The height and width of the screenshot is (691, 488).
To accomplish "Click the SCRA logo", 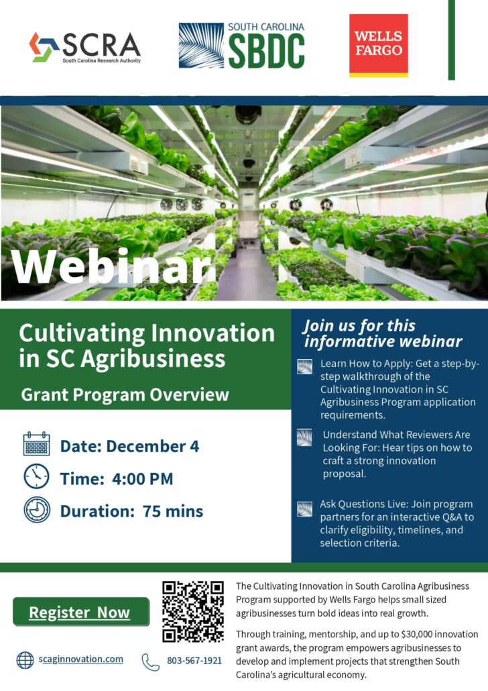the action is (85, 47).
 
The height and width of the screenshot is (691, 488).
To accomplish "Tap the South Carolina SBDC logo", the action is (242, 46).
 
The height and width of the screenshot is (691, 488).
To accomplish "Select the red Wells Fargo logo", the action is (378, 46).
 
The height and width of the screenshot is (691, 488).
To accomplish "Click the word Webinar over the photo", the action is (111, 267).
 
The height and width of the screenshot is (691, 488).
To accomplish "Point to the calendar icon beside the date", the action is (37, 443).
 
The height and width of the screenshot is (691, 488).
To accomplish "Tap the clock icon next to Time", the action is (37, 476).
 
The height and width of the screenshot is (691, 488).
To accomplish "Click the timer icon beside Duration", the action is (37, 510).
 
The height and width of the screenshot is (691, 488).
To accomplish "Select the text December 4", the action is (152, 446).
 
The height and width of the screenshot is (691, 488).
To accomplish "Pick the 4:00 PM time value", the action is (142, 478).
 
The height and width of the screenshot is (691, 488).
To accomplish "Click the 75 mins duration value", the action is (173, 511).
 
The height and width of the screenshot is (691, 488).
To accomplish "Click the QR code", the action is (193, 611).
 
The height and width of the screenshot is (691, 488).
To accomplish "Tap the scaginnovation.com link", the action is (80, 659).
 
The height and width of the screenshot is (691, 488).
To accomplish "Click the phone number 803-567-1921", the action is (194, 660).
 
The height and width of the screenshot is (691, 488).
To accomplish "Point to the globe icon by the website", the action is (25, 660).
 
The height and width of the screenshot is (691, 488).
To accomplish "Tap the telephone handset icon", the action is (150, 662).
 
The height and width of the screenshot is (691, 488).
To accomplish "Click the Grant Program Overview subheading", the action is (125, 394).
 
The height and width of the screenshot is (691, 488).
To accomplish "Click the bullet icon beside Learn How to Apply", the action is (305, 367).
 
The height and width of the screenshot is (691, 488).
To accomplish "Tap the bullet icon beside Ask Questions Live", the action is (305, 509).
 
